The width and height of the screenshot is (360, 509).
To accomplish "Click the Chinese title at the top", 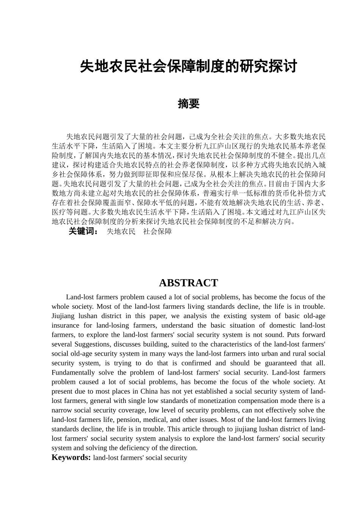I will (188, 67).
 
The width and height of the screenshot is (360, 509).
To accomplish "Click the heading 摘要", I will (188, 104).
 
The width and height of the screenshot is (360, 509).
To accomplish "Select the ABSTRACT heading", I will (188, 283).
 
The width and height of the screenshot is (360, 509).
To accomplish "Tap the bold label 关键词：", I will (83, 231).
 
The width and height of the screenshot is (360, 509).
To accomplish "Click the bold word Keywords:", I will (71, 457).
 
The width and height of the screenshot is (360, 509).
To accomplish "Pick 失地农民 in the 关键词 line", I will (121, 231).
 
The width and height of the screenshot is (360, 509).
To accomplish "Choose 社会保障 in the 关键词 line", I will (157, 231).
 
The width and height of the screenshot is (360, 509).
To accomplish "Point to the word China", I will (149, 391).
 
